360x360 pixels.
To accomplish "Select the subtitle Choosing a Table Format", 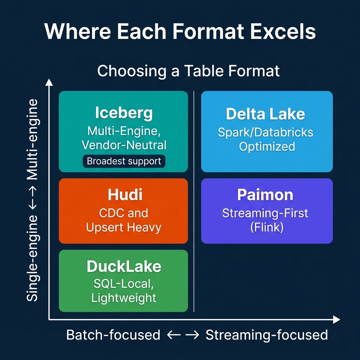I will (188, 71).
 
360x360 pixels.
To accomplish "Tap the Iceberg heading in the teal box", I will (124, 113).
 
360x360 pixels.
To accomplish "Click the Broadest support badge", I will (124, 161).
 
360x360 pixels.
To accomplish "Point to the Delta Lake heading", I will (265, 114).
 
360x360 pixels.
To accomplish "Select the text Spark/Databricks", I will (265, 132).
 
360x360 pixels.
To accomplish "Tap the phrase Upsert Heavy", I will (124, 227).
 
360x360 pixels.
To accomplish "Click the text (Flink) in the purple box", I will (266, 227).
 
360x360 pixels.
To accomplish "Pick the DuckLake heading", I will (124, 266).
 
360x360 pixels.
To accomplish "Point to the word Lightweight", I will (124, 298).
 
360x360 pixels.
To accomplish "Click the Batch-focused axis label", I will (113, 335).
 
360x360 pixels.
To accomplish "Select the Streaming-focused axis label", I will (266, 335).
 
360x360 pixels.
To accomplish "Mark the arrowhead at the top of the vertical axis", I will (49, 82).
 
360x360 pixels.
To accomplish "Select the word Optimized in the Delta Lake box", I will (267, 146).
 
